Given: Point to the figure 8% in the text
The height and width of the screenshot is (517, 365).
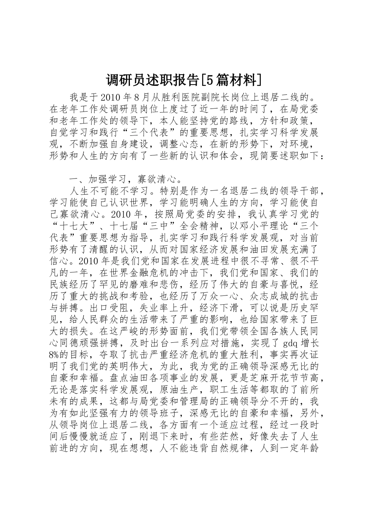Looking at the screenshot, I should (x=55, y=355).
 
